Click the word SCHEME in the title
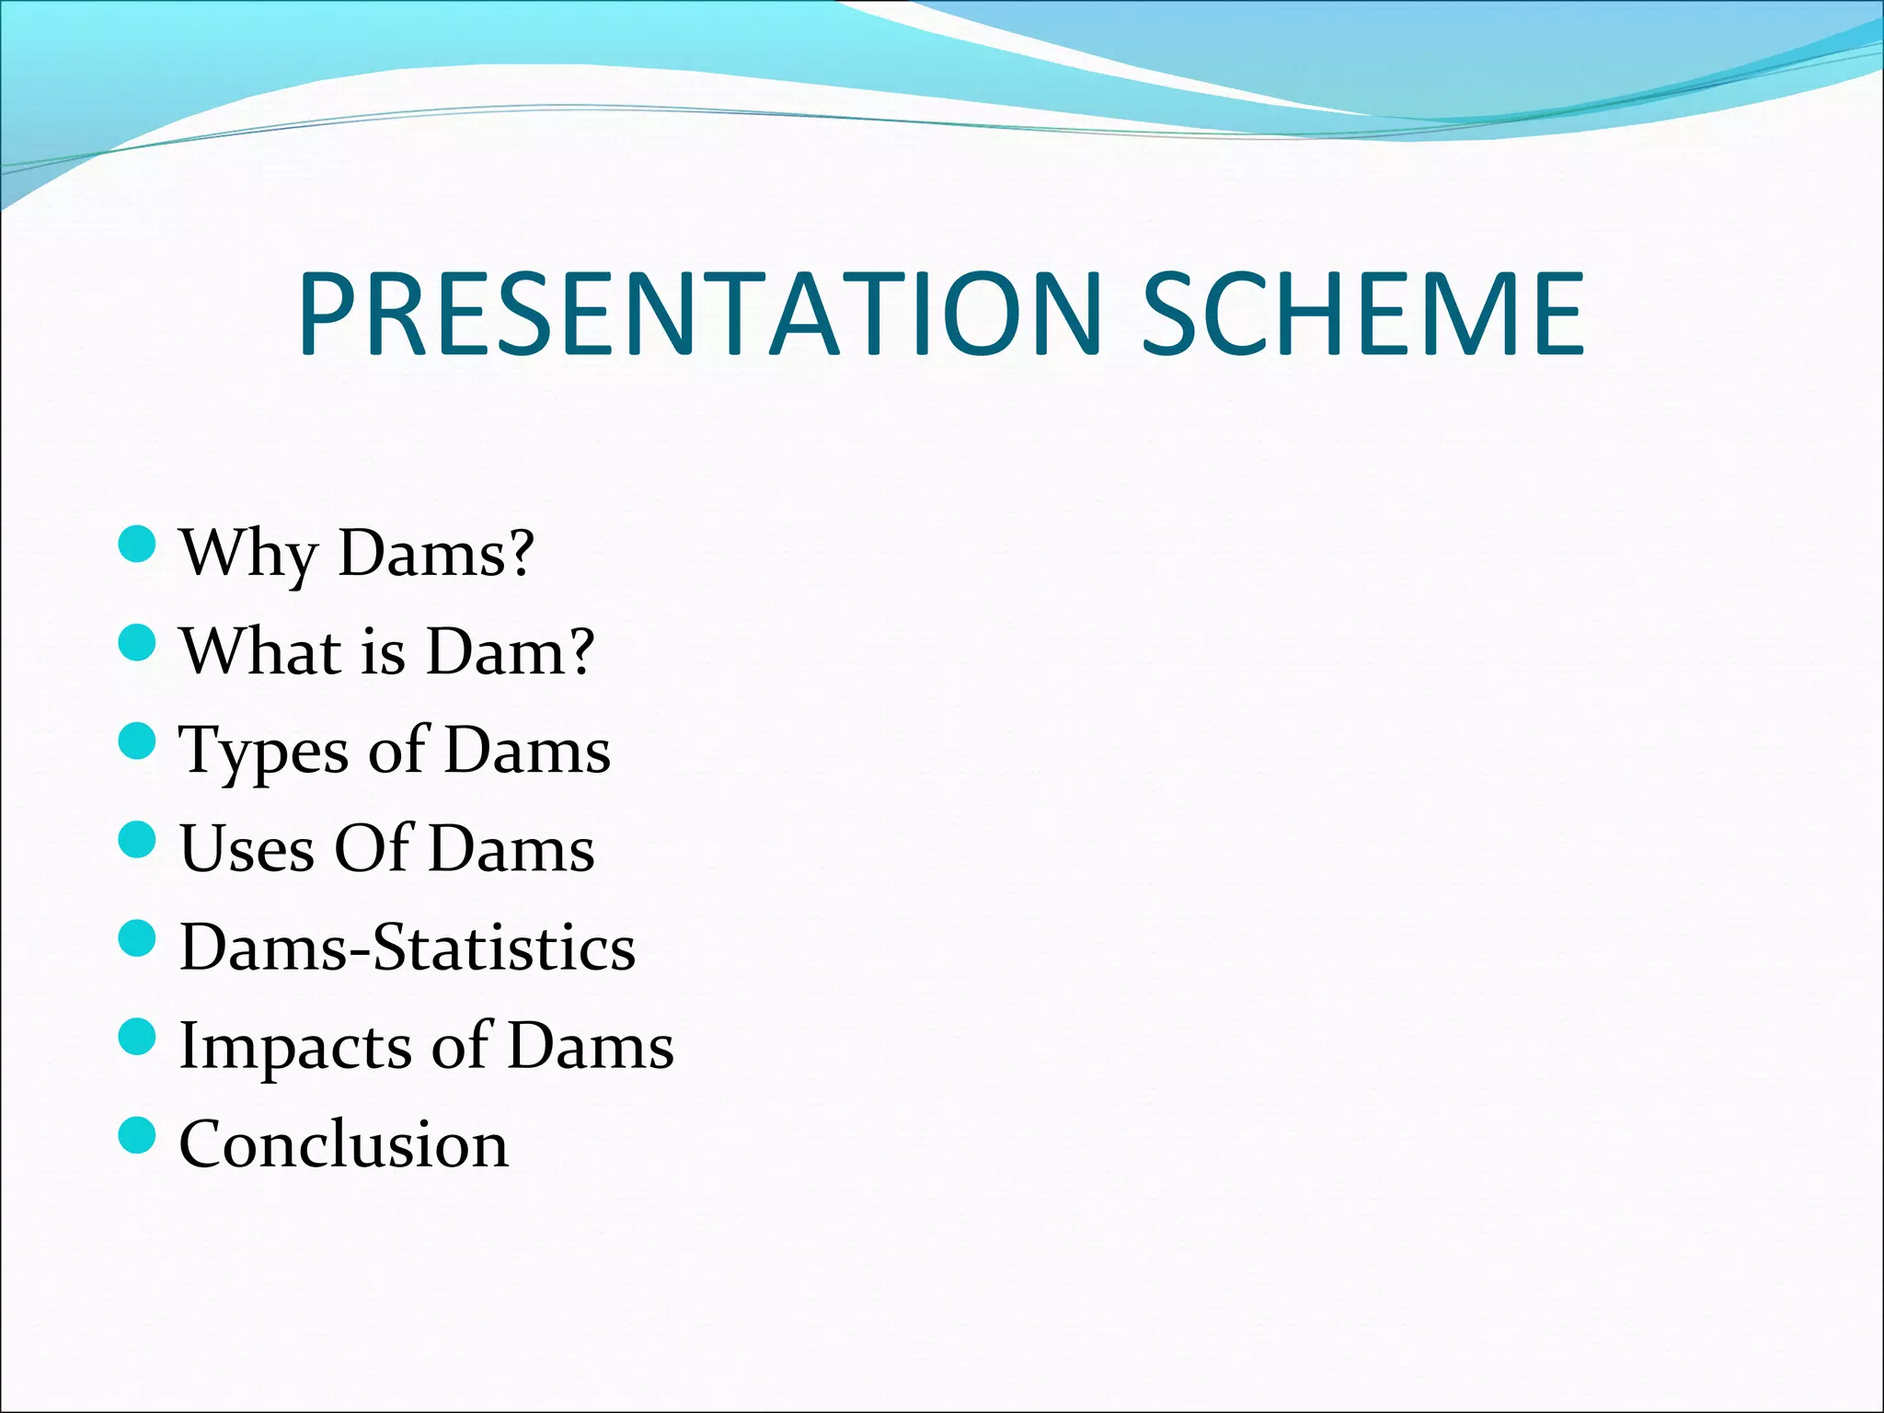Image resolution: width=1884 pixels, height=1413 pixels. click(1363, 315)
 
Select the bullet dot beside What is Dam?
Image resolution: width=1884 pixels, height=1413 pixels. click(138, 642)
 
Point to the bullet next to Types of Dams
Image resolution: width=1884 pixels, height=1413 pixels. click(138, 741)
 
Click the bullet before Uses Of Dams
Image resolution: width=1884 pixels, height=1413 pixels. click(138, 839)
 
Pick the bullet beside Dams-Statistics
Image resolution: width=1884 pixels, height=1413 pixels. click(138, 938)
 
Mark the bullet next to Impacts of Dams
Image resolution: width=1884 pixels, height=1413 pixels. click(138, 1037)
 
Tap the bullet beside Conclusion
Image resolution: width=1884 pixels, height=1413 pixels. click(138, 1135)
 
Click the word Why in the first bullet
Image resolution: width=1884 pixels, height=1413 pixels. click(249, 555)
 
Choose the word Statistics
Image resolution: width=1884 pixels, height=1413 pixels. click(504, 948)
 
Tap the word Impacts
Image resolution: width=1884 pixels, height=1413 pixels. click(295, 1047)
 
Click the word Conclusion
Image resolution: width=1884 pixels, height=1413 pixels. click(343, 1145)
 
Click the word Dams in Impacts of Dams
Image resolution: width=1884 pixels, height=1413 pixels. click(591, 1047)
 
